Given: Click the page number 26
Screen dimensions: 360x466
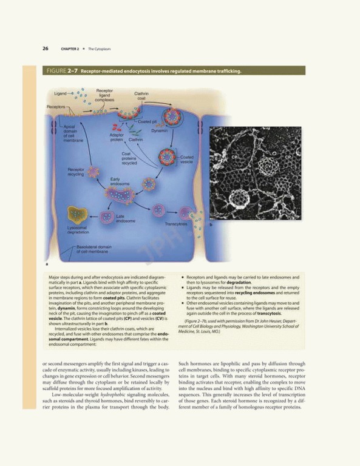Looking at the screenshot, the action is pos(46,49).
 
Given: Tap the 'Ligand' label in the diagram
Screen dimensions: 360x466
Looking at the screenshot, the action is pos(61,93).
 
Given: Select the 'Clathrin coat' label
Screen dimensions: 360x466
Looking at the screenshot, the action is pos(141,96).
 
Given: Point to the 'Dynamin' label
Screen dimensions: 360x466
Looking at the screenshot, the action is pos(160,130).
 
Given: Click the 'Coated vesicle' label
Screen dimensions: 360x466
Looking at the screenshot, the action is pos(188,160).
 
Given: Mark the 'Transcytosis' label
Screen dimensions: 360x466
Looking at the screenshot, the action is pos(175,225).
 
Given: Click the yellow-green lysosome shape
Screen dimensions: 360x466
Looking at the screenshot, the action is pos(77,214).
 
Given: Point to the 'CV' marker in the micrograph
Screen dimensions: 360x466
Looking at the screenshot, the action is pos(268,164).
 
